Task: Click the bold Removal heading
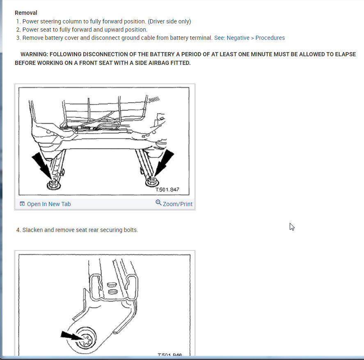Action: (26, 13)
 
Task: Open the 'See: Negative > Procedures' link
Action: (249, 38)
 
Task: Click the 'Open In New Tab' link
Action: (48, 204)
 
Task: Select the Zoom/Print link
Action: (177, 204)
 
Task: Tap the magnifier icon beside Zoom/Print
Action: (158, 203)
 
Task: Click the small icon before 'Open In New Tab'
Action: (22, 204)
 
